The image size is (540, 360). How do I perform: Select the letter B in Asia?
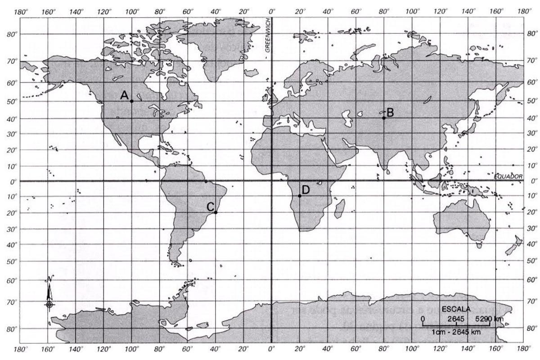click(390, 112)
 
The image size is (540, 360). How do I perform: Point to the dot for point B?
click(383, 118)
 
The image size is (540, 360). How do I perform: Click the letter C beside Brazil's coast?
click(210, 207)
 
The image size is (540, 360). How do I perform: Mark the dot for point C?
click(216, 212)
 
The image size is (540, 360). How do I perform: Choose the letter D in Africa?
click(306, 190)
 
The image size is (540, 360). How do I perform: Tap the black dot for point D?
click(300, 196)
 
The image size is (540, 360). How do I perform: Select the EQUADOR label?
click(508, 177)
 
